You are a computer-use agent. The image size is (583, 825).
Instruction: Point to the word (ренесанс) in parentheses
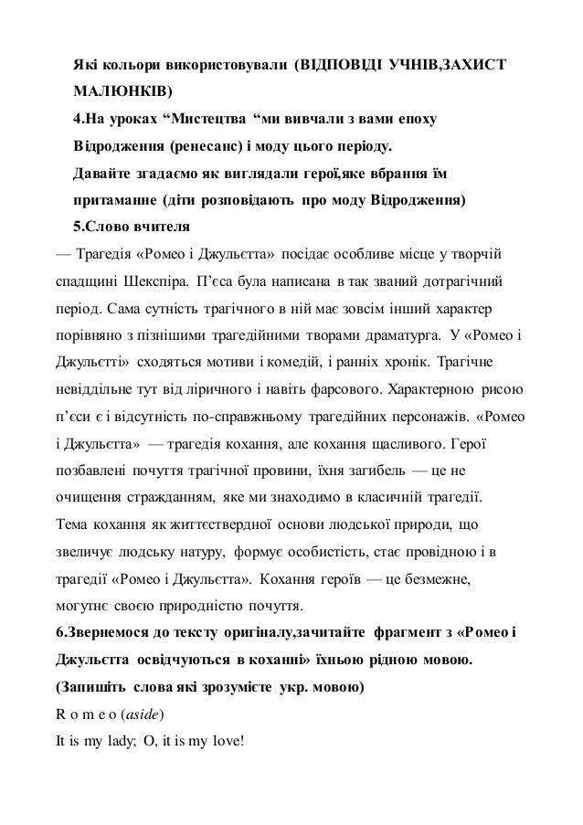pyautogui.click(x=209, y=146)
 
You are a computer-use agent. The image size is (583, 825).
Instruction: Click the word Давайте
pyautogui.click(x=100, y=174)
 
